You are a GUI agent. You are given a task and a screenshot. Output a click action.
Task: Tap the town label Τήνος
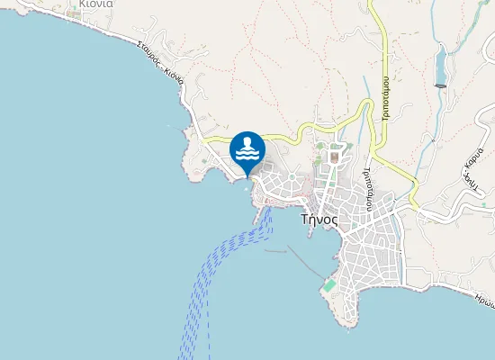319,218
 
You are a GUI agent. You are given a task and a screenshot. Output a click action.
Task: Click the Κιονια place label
94,4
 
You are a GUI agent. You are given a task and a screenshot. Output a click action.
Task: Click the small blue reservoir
440,66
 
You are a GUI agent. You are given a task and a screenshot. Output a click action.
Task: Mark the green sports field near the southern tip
329,285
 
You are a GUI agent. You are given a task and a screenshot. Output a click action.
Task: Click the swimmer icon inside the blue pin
247,143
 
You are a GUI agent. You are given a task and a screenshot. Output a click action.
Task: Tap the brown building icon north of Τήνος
334,157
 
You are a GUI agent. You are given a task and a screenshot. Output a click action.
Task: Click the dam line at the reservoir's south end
441,85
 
